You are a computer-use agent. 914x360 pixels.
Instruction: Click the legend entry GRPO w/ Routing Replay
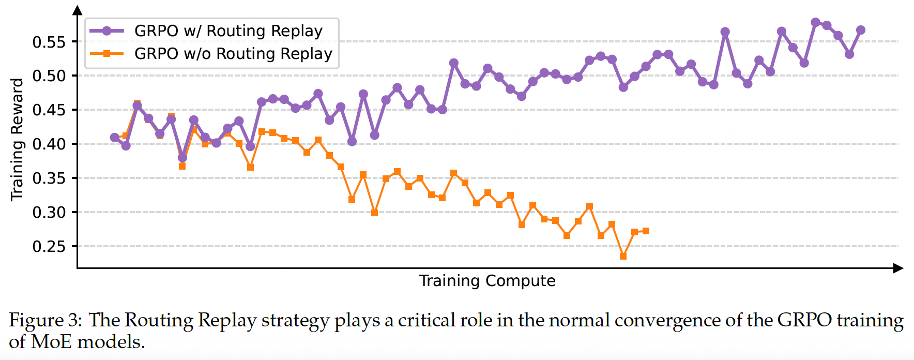[x=228, y=31]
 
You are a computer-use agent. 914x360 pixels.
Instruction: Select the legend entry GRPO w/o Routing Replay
[x=233, y=54]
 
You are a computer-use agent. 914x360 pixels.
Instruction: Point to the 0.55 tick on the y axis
[x=49, y=42]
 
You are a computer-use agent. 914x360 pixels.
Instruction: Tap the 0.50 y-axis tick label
[x=49, y=76]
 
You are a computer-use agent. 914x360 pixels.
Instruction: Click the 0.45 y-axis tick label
[x=49, y=110]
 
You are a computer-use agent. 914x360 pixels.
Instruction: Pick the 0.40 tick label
[x=49, y=144]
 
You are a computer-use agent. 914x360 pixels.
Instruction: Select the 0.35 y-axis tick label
[x=49, y=178]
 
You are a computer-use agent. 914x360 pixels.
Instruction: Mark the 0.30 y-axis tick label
[x=49, y=213]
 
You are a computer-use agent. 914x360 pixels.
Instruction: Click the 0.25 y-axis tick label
[x=49, y=247]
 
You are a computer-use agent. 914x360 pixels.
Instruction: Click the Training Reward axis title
[x=17, y=139]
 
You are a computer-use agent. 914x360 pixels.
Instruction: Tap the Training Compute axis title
[x=487, y=281]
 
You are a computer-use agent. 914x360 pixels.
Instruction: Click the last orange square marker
[x=646, y=231]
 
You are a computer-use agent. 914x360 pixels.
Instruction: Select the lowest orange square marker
[x=623, y=257]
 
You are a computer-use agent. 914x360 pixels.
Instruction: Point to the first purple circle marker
[x=114, y=138]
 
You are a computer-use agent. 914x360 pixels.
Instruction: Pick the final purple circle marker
[x=861, y=30]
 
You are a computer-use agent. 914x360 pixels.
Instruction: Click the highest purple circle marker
[x=815, y=22]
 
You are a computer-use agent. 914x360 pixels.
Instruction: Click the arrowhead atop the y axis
[x=77, y=10]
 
